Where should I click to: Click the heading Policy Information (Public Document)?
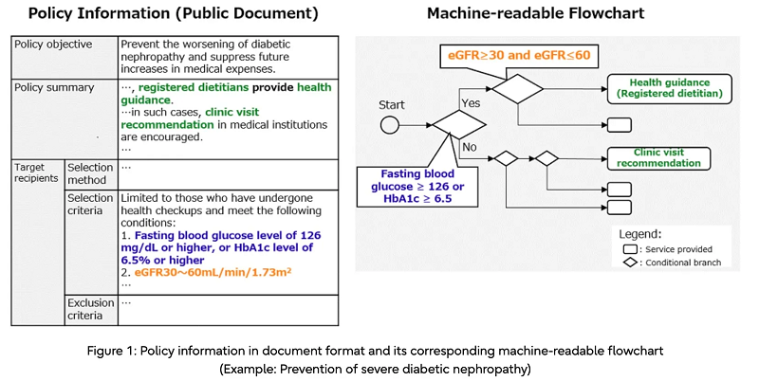(x=173, y=14)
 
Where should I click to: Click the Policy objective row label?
(x=54, y=45)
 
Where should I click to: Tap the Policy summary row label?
(x=54, y=87)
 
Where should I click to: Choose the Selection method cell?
(x=90, y=172)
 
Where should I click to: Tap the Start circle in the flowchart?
(x=389, y=124)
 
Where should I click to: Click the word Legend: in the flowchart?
(x=641, y=231)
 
